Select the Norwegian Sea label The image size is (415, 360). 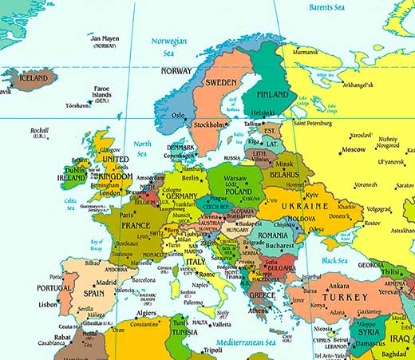[169, 46]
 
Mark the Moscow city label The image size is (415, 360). [353, 149]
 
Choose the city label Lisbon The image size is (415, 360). [48, 304]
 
